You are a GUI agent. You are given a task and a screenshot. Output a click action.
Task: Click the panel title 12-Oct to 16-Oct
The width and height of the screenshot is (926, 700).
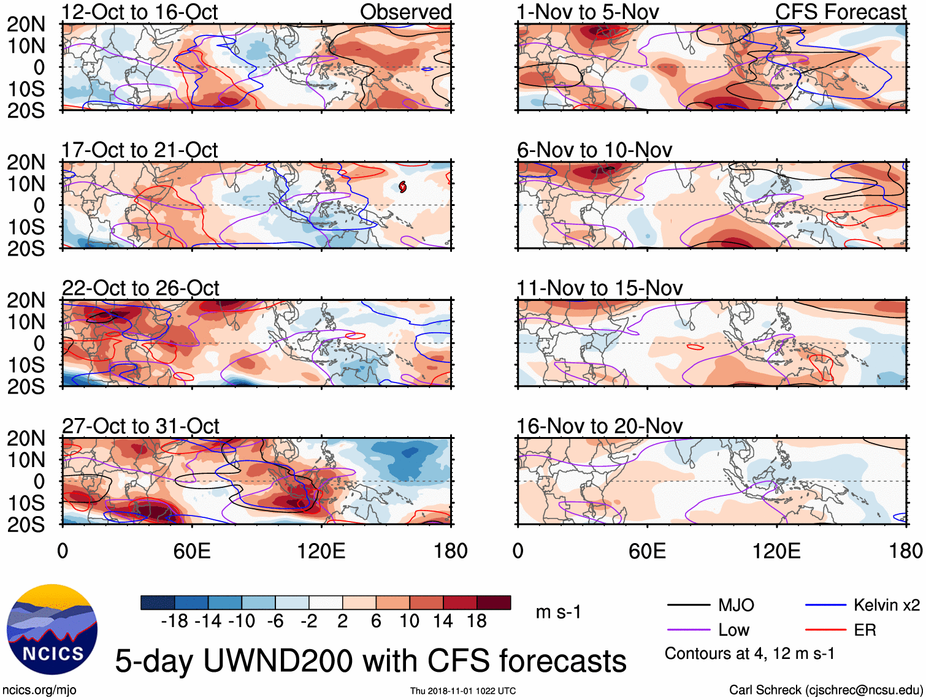click(140, 12)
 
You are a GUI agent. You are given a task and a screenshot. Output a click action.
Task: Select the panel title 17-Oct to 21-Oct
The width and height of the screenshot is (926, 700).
click(140, 150)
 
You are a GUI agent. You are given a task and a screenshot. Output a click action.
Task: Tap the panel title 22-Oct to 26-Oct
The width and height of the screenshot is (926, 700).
click(140, 288)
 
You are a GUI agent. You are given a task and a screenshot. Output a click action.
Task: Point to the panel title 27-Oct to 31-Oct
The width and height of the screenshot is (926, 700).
click(140, 426)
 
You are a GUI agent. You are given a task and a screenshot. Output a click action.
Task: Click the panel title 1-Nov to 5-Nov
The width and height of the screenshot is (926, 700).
click(587, 12)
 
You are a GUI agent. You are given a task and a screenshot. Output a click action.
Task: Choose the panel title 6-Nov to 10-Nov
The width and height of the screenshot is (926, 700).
click(594, 150)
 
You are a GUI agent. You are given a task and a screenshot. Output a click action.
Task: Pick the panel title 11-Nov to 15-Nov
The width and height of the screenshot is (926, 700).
click(599, 288)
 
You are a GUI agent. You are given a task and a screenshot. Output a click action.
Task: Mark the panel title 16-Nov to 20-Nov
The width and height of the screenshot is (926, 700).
click(599, 426)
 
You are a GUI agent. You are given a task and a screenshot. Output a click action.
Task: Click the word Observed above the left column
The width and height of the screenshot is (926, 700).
click(405, 12)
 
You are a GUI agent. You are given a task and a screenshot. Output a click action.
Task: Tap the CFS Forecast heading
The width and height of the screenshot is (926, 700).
click(840, 12)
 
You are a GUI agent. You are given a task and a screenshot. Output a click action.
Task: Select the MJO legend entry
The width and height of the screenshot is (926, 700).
click(735, 606)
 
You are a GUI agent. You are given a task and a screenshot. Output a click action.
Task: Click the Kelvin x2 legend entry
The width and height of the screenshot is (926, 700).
click(886, 606)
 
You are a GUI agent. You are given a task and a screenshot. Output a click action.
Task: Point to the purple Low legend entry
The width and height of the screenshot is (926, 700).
click(733, 630)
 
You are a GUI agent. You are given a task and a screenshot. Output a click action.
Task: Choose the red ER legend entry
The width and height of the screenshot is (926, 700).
click(865, 630)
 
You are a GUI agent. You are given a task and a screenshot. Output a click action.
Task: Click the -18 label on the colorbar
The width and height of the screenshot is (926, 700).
click(175, 622)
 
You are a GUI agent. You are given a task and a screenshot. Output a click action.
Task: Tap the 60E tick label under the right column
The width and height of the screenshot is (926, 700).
click(647, 550)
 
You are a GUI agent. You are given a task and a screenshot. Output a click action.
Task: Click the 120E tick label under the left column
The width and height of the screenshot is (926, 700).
click(321, 550)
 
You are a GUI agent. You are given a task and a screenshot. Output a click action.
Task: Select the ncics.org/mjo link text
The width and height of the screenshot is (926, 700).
click(39, 690)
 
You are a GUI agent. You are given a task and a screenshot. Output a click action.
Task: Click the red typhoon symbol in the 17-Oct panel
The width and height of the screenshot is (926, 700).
click(402, 186)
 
